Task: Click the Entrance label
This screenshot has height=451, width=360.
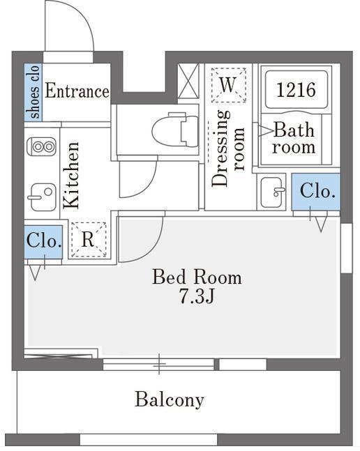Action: point(77,91)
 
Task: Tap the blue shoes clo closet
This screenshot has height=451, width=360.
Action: point(33,92)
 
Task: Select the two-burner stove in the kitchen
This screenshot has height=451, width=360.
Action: point(41,146)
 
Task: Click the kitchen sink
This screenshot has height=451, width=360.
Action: point(42,197)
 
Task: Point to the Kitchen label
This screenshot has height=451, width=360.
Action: point(71,174)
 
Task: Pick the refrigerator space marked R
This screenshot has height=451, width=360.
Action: point(89,240)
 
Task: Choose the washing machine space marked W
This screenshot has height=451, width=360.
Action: point(229,85)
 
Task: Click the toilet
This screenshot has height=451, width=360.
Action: point(175,130)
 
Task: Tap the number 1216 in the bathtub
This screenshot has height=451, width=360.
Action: point(296,89)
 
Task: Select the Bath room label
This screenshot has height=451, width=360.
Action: point(294,138)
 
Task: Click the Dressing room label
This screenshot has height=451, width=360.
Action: point(228,148)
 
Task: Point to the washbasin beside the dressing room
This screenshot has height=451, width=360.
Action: point(271,192)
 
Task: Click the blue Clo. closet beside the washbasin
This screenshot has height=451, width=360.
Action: point(315,192)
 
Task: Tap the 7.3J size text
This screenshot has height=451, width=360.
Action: point(197,296)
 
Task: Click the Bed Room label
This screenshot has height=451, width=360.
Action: point(197,277)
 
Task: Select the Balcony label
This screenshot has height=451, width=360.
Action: point(170,400)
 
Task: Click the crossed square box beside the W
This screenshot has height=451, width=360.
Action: point(188,81)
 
